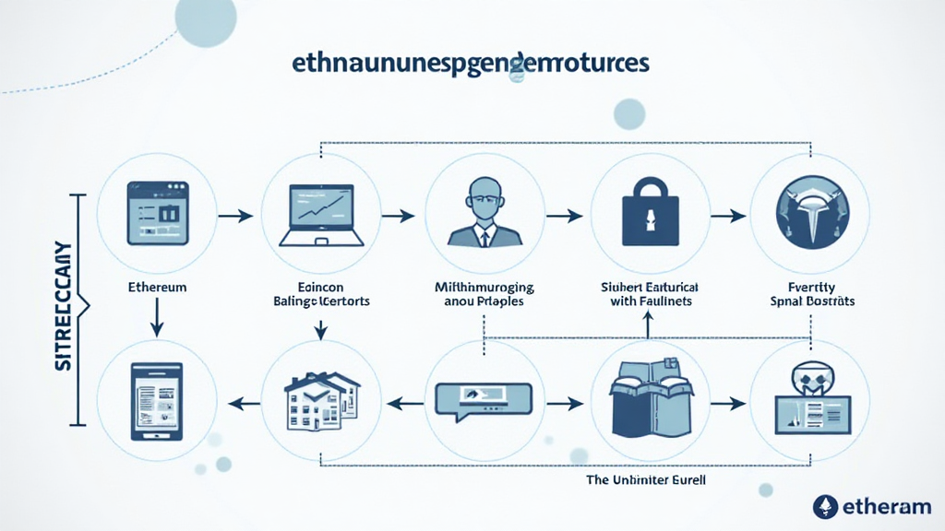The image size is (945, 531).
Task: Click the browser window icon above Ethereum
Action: (x=156, y=213)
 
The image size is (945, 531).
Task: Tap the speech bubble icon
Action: (x=484, y=400)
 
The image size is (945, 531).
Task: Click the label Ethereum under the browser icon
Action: (x=157, y=287)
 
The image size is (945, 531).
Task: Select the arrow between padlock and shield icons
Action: (x=729, y=216)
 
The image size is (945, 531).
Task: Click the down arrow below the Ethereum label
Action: (x=157, y=318)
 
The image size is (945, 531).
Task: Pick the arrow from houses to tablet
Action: (x=242, y=402)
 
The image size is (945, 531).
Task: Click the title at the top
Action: (x=470, y=65)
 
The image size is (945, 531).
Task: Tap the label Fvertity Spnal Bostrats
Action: (x=811, y=293)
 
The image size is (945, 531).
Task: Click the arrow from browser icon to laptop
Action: (x=236, y=216)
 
